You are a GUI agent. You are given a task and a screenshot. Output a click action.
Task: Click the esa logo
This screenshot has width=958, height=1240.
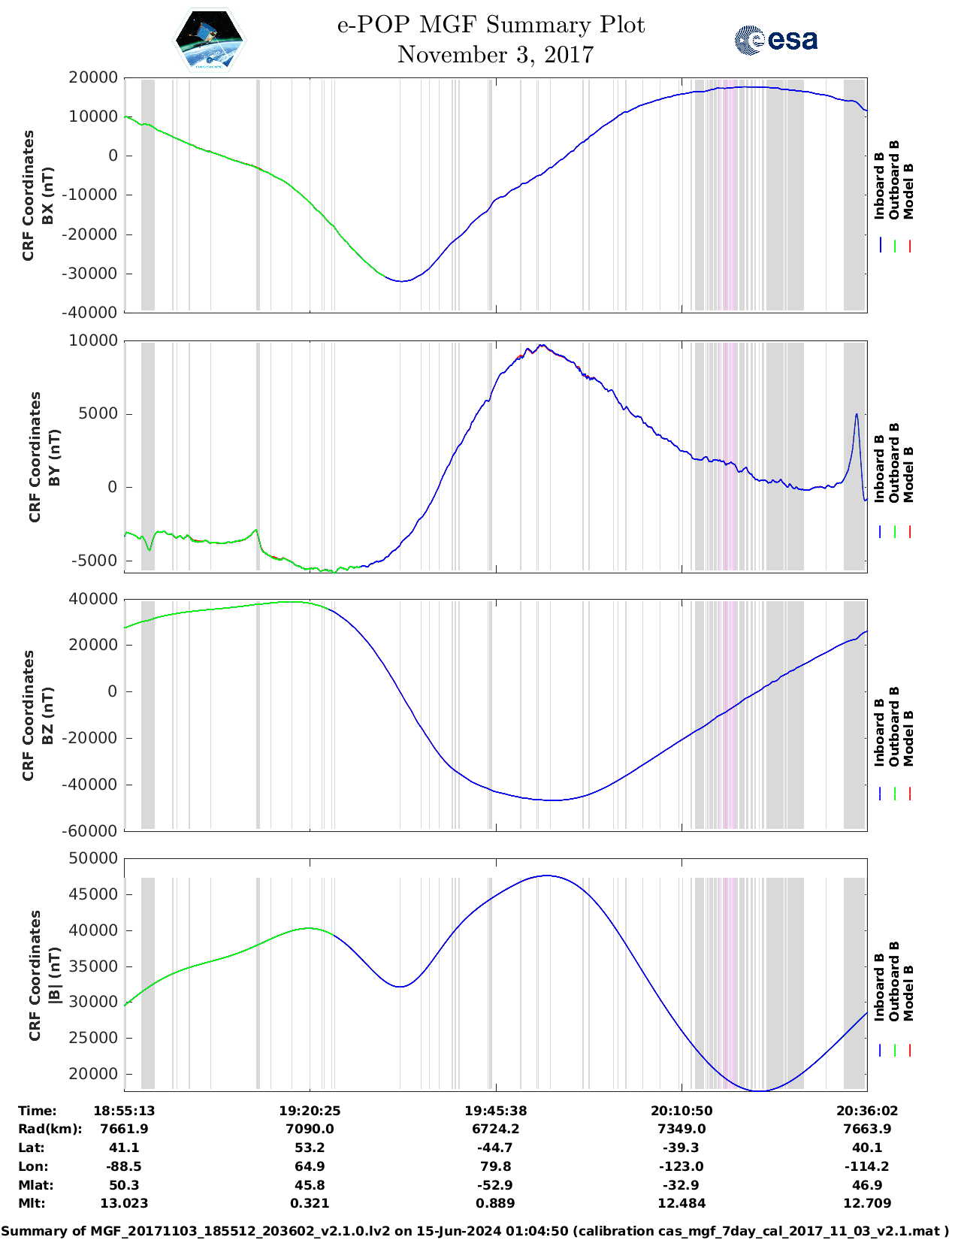click(x=775, y=40)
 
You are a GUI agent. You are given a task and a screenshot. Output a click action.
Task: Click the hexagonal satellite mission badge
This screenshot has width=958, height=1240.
click(x=209, y=40)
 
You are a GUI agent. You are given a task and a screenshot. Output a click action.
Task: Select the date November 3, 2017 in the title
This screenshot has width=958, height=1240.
click(x=495, y=55)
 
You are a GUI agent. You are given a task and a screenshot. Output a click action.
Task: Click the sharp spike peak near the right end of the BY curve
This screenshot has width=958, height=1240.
click(x=856, y=415)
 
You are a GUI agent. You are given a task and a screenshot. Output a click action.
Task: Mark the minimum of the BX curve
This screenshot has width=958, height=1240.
click(x=402, y=281)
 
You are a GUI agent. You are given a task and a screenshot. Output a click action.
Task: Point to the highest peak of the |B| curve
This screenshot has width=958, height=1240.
click(x=548, y=876)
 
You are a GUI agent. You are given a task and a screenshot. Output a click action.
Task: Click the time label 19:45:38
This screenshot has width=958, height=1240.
click(x=495, y=1111)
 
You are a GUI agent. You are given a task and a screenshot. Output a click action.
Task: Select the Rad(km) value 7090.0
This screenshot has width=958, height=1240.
click(x=310, y=1129)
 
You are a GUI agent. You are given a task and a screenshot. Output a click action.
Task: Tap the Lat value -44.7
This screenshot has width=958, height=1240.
click(x=495, y=1148)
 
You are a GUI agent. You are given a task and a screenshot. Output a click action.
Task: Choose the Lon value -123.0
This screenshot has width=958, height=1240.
click(x=681, y=1166)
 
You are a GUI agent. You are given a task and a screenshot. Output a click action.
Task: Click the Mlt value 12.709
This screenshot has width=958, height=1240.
click(x=867, y=1203)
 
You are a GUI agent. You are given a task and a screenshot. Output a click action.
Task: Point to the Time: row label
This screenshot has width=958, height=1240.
click(x=38, y=1111)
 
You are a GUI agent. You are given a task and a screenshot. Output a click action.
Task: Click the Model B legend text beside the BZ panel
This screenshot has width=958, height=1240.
click(x=908, y=738)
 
